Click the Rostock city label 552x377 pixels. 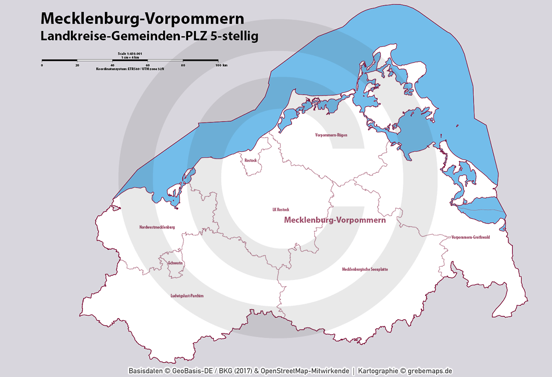(251, 160)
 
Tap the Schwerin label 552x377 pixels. (175, 263)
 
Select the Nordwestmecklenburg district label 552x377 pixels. (157, 227)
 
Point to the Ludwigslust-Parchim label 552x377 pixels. (187, 296)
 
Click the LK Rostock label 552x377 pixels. (281, 210)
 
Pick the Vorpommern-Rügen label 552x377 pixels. (331, 135)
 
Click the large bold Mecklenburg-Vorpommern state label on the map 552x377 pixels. (334, 220)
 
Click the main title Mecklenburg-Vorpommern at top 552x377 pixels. (142, 18)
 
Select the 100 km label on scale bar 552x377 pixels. (221, 65)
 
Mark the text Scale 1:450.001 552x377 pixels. (130, 54)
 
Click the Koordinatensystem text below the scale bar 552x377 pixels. (130, 69)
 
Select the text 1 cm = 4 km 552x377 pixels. (130, 57)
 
